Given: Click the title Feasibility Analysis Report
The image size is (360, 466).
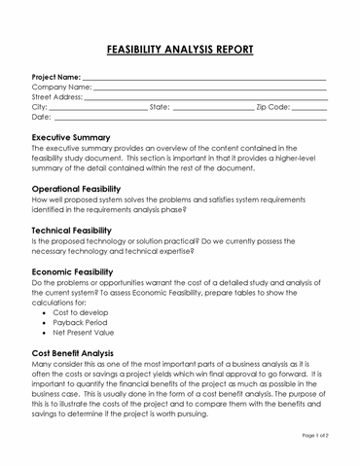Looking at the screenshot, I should click(179, 49).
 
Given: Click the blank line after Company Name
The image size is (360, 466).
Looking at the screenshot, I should click(209, 88).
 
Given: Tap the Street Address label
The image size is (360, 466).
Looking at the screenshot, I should click(57, 97).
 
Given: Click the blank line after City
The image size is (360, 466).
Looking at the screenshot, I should click(98, 108).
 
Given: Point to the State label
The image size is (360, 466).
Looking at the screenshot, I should click(160, 107).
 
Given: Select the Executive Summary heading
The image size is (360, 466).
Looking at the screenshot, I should click(85, 137).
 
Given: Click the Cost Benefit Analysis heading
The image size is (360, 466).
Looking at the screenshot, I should click(87, 353).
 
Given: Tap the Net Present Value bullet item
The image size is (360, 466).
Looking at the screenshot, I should click(90, 334).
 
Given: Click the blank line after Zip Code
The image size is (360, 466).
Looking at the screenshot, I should click(309, 108).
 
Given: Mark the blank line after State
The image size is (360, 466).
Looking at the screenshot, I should click(212, 108).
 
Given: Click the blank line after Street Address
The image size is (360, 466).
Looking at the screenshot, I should click(205, 98).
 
